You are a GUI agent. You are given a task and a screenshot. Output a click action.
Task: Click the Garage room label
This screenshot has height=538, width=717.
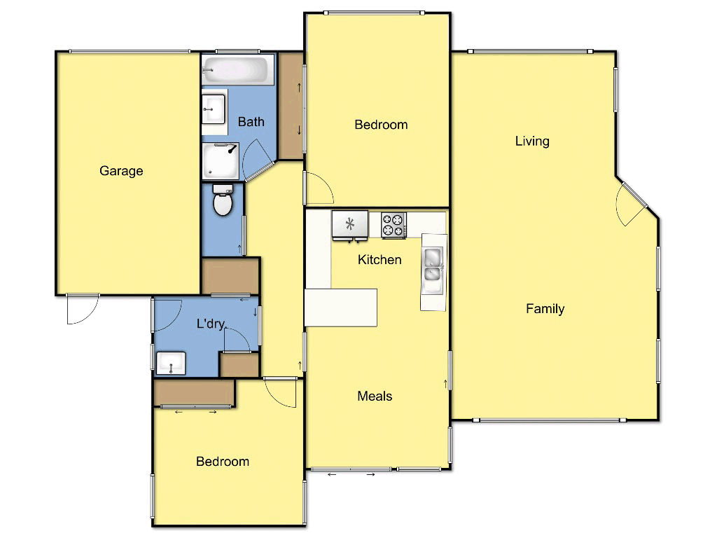(121, 171)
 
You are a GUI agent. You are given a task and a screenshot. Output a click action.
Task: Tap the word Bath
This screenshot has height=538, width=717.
(251, 122)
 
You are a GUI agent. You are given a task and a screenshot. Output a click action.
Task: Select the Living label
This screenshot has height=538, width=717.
(532, 141)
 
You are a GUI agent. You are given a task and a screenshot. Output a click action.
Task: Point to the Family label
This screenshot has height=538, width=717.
(545, 309)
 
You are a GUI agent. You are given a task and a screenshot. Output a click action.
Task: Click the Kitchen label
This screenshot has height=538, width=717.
(380, 260)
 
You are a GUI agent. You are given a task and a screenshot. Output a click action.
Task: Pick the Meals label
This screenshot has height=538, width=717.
(375, 396)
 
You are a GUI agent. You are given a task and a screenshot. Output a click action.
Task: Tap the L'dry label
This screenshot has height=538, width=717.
(210, 324)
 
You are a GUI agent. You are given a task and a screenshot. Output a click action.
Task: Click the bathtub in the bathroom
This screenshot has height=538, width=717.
(235, 70)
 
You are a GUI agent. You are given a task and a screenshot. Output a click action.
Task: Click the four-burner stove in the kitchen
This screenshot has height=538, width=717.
(394, 225)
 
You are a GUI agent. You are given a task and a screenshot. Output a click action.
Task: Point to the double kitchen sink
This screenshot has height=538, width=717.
(432, 265)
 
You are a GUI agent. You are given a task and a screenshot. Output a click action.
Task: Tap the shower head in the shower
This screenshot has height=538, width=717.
(232, 149)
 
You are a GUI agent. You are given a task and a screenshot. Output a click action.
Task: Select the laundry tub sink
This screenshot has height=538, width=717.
(171, 364)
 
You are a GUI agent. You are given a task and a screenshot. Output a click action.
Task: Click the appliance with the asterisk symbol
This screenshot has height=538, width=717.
(349, 225)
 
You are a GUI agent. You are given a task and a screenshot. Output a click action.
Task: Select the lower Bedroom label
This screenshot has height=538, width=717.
(223, 462)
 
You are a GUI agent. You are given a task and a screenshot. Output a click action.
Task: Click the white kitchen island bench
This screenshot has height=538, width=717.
(342, 307)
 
